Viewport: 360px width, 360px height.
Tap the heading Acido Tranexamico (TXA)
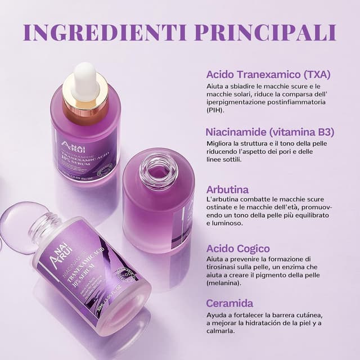[x=268, y=75]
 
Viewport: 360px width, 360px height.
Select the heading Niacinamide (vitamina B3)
[x=270, y=133]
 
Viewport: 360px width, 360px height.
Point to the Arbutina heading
[x=227, y=190]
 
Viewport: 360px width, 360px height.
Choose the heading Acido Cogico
[x=238, y=248]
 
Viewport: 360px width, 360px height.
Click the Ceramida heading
[x=229, y=303]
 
